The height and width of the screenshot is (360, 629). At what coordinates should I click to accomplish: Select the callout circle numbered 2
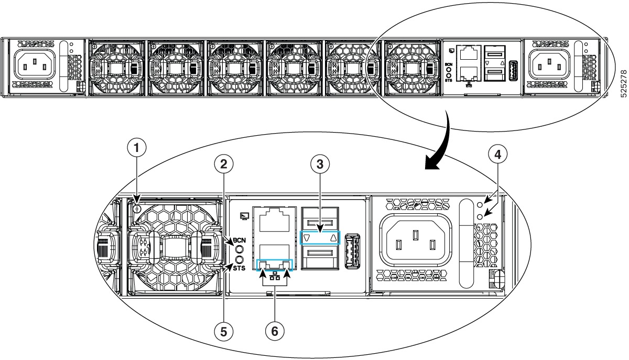tap(224, 164)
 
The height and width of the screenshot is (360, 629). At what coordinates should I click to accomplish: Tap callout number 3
tap(320, 163)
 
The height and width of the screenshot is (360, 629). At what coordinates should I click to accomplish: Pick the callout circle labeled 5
tap(224, 331)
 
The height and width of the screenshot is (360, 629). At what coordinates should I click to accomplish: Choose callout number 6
tap(275, 331)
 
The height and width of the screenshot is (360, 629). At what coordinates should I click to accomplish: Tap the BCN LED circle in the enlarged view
tap(240, 249)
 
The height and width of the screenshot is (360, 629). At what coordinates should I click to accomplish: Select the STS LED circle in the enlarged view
tap(240, 259)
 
